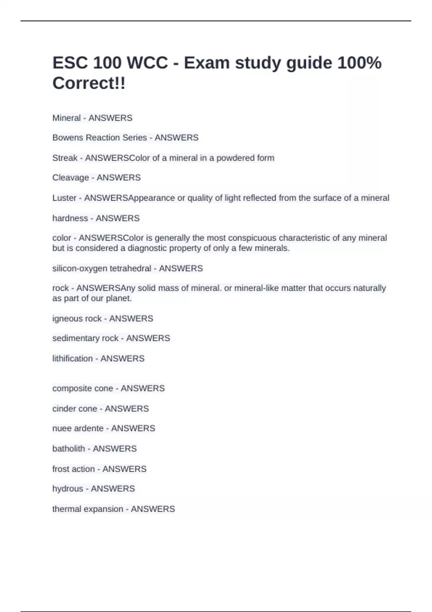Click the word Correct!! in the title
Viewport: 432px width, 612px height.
89,83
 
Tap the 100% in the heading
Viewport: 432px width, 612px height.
359,63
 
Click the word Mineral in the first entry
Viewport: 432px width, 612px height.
67,118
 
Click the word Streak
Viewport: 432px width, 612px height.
65,158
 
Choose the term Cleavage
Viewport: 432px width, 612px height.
71,177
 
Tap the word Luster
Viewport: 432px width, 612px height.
64,198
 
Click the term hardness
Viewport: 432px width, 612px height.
70,218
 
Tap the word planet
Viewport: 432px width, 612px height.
119,298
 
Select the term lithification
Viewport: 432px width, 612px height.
72,359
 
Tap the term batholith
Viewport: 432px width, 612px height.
69,449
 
